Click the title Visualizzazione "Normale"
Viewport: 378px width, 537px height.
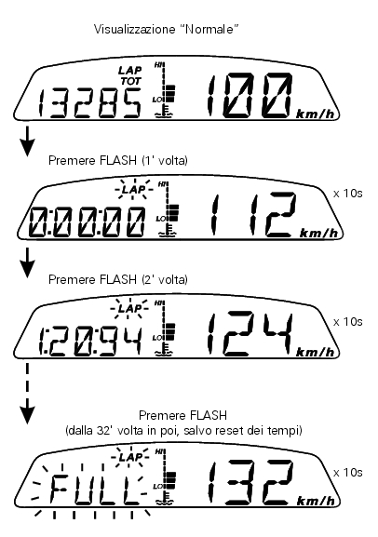click(x=167, y=29)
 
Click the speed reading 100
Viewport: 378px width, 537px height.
click(x=250, y=96)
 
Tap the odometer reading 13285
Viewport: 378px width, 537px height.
click(x=89, y=103)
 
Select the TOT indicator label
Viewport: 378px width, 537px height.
click(x=130, y=81)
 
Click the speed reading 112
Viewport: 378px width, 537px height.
click(x=253, y=215)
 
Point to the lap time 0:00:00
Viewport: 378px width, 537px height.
click(x=87, y=222)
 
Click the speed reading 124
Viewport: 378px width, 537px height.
click(x=250, y=334)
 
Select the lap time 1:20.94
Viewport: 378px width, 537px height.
click(x=90, y=342)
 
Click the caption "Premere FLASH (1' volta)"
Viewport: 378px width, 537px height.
click(x=118, y=160)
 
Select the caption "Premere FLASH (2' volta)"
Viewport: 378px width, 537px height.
click(x=118, y=279)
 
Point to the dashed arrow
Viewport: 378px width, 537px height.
click(x=27, y=394)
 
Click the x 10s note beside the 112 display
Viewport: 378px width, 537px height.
click(x=347, y=194)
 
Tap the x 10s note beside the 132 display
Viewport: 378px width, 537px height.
click(x=347, y=473)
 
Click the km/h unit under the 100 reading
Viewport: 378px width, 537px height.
click(x=316, y=114)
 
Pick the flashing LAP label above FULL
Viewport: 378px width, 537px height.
click(x=130, y=458)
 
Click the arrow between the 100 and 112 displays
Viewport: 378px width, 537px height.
click(x=27, y=141)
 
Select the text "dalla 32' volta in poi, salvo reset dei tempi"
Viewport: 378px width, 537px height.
click(x=183, y=430)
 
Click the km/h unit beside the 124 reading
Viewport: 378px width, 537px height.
click(x=316, y=353)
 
